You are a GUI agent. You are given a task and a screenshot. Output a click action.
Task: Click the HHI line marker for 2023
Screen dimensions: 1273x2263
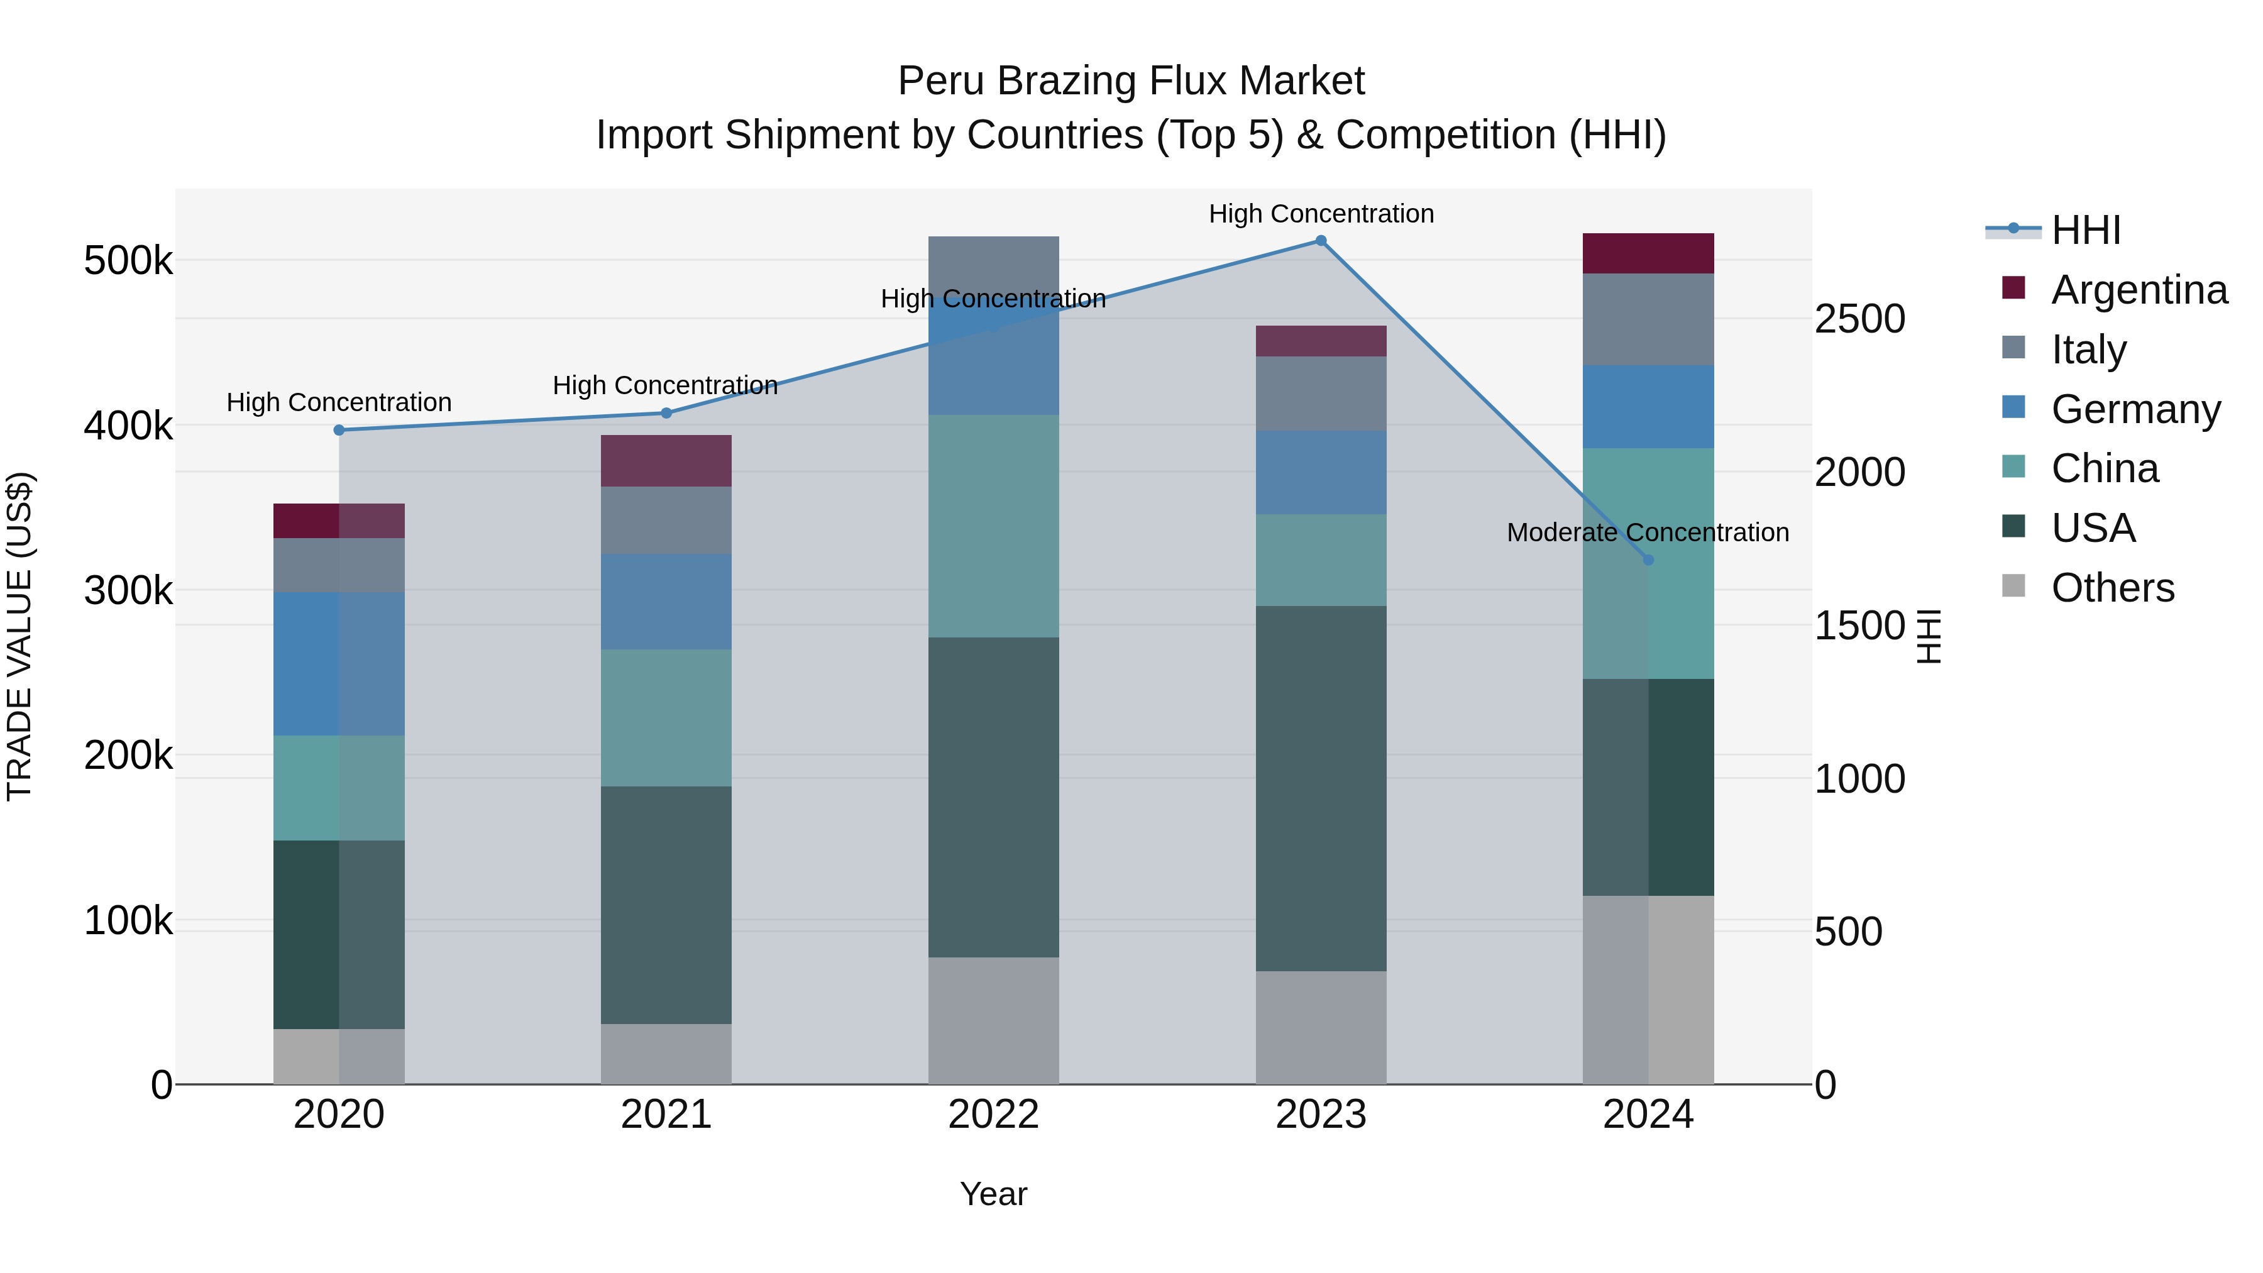1320,241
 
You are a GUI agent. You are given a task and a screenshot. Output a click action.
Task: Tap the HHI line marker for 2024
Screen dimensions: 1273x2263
1648,559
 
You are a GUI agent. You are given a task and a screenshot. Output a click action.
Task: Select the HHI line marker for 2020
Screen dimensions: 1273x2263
339,429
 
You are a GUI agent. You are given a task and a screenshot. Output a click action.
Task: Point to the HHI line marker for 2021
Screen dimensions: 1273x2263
666,413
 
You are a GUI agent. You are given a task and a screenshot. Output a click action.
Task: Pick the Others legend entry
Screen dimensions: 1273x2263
2112,588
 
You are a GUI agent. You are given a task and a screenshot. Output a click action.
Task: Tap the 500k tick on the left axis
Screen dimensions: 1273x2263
128,261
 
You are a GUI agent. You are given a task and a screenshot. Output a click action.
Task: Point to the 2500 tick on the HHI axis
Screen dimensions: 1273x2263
1860,319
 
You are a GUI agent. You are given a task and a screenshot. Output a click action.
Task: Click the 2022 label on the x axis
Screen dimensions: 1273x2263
994,1115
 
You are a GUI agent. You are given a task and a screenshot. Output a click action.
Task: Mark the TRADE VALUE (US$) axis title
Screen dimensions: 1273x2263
19,636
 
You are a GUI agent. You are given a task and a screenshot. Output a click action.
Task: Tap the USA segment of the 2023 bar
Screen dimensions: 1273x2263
1320,788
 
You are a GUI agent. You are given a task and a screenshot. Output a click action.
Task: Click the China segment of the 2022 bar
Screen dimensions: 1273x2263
994,526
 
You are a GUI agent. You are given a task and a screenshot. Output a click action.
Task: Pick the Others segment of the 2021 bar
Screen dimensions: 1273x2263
666,1054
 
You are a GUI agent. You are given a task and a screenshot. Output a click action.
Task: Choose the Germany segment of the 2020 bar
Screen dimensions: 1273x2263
339,663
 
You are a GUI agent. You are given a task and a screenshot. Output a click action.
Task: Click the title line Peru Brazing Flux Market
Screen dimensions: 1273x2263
1131,82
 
